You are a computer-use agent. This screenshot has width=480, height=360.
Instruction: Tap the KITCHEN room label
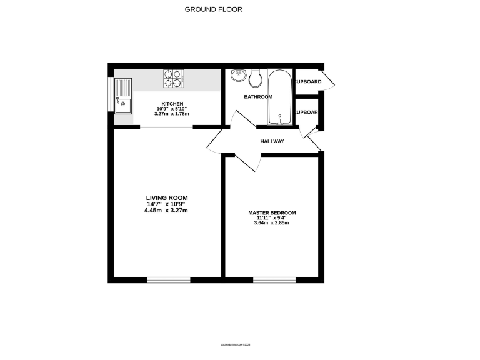(x=172, y=104)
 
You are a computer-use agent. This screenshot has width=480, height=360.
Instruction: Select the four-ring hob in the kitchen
(x=173, y=77)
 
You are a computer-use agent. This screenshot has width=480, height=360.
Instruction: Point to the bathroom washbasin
(x=238, y=76)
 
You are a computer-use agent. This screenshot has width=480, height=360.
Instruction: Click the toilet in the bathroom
(x=254, y=77)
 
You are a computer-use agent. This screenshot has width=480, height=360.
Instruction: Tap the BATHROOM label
(x=258, y=97)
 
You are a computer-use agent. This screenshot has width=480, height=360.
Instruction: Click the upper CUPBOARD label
(x=307, y=82)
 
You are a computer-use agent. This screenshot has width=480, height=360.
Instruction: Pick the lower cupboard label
(x=306, y=112)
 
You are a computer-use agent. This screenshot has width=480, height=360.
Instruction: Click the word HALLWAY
(x=272, y=141)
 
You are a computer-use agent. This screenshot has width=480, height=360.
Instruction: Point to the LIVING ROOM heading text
(x=167, y=198)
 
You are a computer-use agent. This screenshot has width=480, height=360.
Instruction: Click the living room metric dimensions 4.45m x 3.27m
(x=166, y=211)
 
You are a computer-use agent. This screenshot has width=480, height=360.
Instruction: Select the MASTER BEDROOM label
(x=272, y=213)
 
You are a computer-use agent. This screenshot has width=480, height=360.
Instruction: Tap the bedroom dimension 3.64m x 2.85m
(x=272, y=223)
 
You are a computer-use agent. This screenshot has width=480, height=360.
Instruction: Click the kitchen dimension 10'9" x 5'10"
(x=172, y=109)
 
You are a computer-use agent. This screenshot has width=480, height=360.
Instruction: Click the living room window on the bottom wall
(x=169, y=280)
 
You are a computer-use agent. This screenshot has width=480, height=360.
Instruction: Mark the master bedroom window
(x=274, y=280)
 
